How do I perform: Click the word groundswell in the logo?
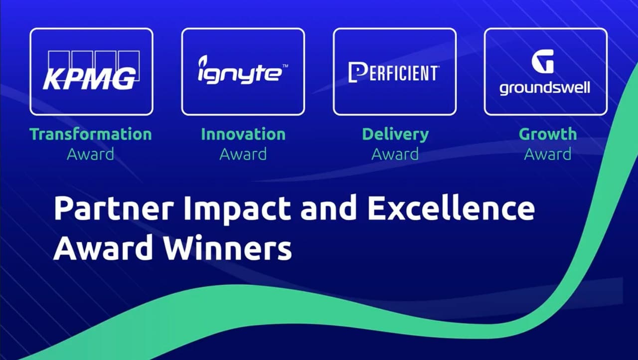click(545, 88)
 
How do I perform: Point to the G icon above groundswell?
click(542, 61)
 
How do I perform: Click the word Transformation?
click(91, 134)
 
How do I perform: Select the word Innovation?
click(243, 134)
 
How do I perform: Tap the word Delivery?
click(395, 134)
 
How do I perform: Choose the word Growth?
click(547, 134)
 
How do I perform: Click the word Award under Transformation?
click(91, 154)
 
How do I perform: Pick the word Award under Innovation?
click(243, 154)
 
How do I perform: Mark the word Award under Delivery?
click(395, 154)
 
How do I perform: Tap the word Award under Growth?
click(547, 154)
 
